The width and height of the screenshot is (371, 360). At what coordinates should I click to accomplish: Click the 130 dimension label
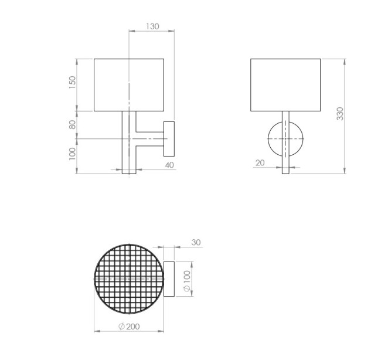coord(152,26)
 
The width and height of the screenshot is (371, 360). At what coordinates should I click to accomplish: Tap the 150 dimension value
coord(73,82)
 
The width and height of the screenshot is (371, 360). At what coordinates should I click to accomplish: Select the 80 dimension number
coord(73,124)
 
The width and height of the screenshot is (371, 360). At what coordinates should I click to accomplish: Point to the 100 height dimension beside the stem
coord(73,154)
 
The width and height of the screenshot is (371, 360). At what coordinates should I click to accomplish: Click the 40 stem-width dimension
coord(169,165)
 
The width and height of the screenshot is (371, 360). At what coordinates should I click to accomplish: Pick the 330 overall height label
coord(340,114)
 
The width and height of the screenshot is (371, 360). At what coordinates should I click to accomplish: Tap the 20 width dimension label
coord(260,163)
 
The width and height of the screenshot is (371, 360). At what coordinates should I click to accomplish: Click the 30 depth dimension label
coord(196,242)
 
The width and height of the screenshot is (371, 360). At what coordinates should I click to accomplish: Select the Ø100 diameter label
coord(187,281)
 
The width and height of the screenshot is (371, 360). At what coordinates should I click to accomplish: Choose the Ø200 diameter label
coord(129,327)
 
